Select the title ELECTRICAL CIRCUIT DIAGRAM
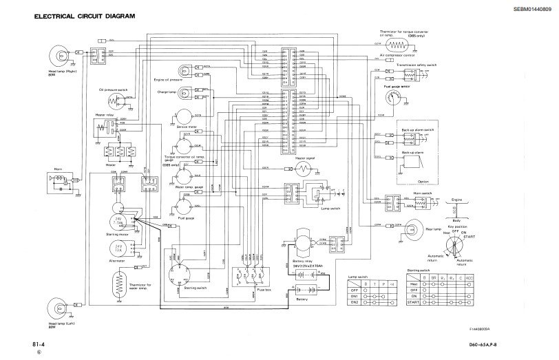point(90,14)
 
